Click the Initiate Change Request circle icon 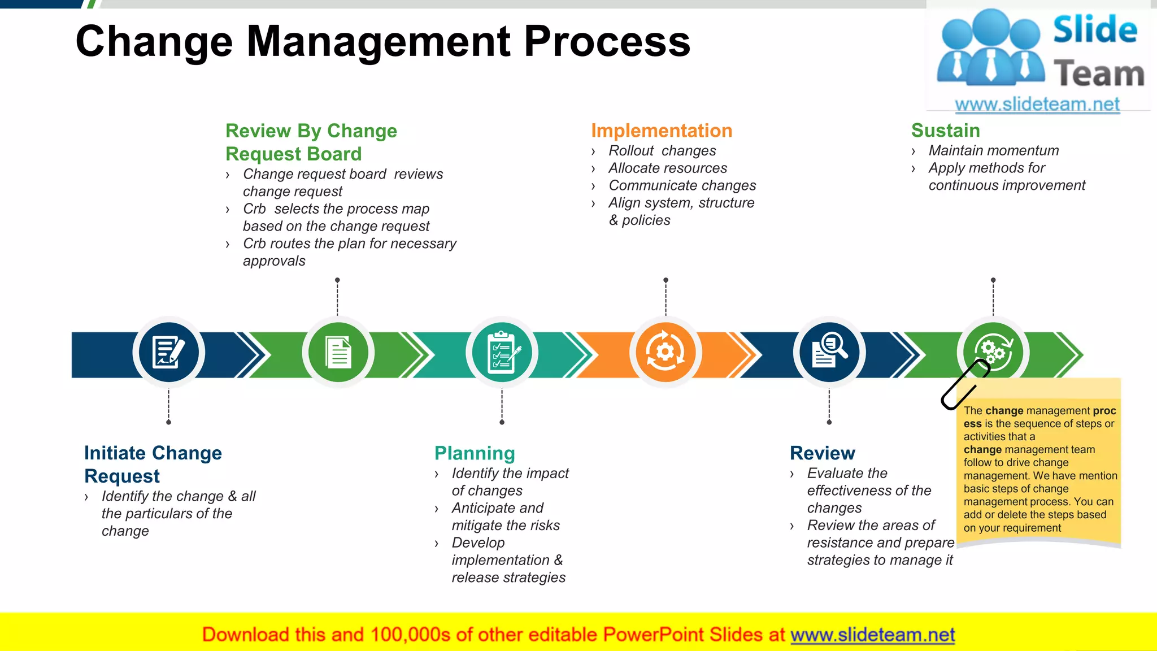pyautogui.click(x=168, y=353)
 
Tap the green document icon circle pyautogui.click(x=338, y=353)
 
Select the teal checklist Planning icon pyautogui.click(x=502, y=353)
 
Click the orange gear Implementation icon pyautogui.click(x=666, y=353)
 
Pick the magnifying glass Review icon pyautogui.click(x=829, y=353)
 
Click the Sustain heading pyautogui.click(x=945, y=131)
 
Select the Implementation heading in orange pyautogui.click(x=661, y=131)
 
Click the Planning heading pyautogui.click(x=475, y=453)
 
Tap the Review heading pyautogui.click(x=822, y=453)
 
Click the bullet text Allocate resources pyautogui.click(x=667, y=168)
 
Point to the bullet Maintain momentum pyautogui.click(x=993, y=151)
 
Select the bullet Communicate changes pyautogui.click(x=682, y=186)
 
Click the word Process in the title pyautogui.click(x=607, y=42)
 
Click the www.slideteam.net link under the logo pyautogui.click(x=1037, y=105)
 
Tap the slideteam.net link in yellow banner pyautogui.click(x=872, y=635)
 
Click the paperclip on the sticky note pyautogui.click(x=965, y=384)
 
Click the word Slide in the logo pyautogui.click(x=1094, y=30)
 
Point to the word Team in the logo pyautogui.click(x=1098, y=74)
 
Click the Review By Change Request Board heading pyautogui.click(x=311, y=142)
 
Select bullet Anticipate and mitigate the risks pyautogui.click(x=505, y=517)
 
